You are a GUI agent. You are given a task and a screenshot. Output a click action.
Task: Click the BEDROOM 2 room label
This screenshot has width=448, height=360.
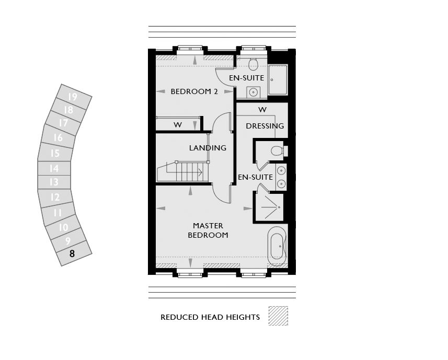[194, 91]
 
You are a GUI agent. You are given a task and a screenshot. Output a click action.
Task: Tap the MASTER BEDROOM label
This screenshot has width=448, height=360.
[208, 230]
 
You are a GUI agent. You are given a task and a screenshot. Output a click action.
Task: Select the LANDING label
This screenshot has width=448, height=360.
[208, 148]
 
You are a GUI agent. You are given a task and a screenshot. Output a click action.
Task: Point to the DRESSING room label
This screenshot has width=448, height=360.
[265, 126]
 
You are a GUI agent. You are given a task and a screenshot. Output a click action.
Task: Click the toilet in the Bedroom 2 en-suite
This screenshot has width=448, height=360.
[253, 64]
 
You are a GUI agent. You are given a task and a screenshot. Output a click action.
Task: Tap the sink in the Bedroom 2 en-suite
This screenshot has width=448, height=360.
[253, 92]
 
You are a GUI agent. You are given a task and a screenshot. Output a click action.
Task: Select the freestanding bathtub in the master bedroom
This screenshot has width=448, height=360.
[277, 247]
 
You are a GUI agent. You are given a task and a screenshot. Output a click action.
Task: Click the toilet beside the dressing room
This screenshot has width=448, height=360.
[279, 150]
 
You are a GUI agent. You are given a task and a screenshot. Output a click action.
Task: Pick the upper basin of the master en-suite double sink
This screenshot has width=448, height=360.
[281, 171]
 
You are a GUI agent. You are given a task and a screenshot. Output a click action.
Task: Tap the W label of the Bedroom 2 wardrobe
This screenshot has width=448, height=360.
[178, 125]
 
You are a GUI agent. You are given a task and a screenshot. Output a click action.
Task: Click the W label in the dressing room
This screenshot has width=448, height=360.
[262, 110]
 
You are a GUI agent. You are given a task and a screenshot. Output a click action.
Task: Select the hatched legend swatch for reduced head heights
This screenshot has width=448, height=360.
[278, 316]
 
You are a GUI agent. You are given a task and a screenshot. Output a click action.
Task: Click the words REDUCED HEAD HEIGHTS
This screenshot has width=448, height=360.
[210, 317]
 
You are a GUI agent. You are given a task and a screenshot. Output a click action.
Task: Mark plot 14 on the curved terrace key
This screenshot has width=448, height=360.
[54, 168]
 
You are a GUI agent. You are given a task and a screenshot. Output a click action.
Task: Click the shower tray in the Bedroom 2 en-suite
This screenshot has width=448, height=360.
[278, 79]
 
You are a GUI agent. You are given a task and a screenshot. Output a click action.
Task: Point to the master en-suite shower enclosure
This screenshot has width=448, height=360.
[269, 207]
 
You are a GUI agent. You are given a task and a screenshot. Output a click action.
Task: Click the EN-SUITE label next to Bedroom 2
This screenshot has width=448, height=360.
[246, 78]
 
